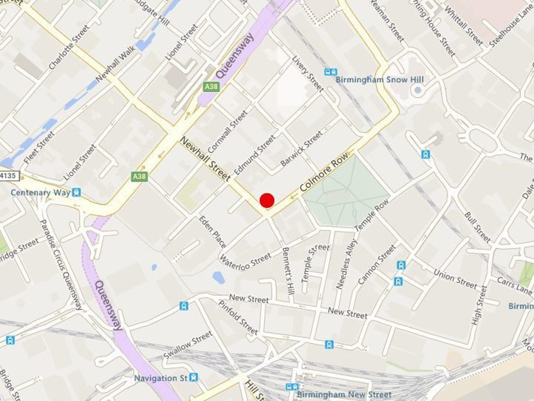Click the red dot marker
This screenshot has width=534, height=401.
point(267,200)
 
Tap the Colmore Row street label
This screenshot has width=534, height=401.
point(323,175)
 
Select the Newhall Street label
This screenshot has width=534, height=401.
point(204,159)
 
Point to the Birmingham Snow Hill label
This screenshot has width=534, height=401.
point(380,80)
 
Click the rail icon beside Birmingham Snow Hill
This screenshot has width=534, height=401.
point(330,72)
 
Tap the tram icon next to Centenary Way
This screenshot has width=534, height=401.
point(77,192)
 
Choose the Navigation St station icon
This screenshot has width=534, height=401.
point(193,377)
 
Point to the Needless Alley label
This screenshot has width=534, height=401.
point(347,264)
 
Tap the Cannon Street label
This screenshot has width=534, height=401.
point(377,264)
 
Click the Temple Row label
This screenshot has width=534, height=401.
point(372,216)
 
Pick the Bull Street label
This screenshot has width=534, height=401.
point(477,227)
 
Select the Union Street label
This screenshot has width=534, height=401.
point(455,278)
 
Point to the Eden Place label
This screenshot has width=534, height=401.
point(213,231)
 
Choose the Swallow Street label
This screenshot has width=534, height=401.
point(188,345)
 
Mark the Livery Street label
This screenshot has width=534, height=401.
point(308,74)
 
